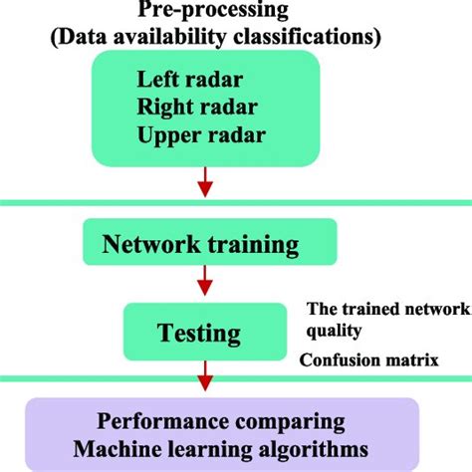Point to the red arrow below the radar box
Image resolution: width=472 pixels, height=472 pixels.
pyautogui.click(x=205, y=182)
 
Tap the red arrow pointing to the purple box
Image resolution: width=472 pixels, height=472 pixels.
pyautogui.click(x=205, y=378)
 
